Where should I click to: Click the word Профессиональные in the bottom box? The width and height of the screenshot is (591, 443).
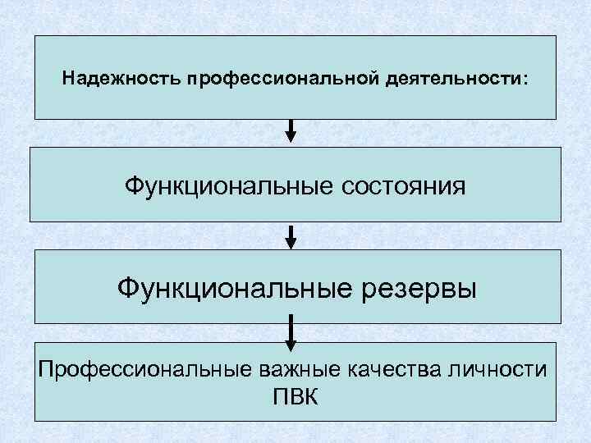137,368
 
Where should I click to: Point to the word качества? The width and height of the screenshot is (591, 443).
400,368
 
